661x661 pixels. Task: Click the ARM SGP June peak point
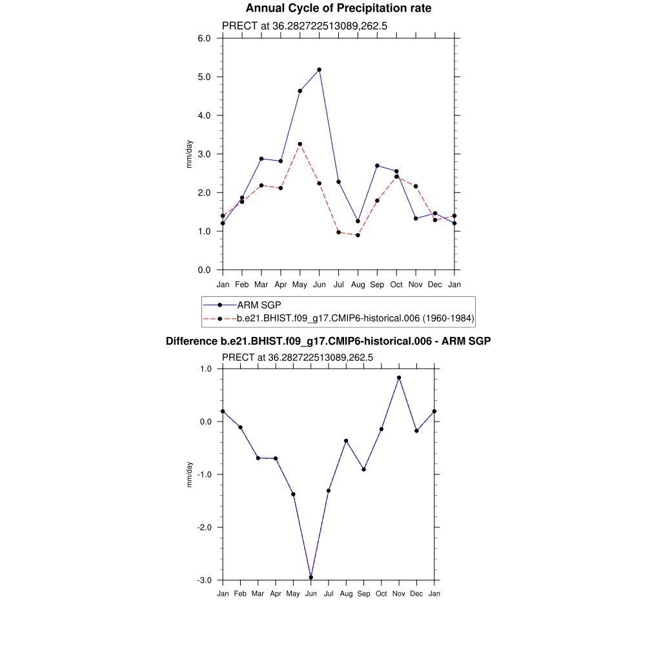click(319, 70)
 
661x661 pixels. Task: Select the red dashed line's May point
click(300, 144)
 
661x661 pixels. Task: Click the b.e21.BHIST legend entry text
click(356, 318)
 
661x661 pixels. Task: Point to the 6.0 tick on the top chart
click(204, 38)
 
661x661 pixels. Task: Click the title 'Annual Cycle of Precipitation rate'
click(339, 8)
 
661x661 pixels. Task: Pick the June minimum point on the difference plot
click(311, 577)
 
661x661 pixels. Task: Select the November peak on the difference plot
click(399, 378)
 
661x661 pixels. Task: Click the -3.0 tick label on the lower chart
click(206, 580)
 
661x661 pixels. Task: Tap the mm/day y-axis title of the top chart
click(189, 154)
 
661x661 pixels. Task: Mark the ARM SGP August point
click(358, 221)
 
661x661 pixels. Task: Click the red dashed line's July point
click(338, 232)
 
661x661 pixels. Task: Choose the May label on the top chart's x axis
click(300, 284)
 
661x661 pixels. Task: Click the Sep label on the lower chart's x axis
click(363, 594)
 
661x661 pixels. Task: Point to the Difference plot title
click(329, 341)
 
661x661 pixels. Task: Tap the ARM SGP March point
click(261, 159)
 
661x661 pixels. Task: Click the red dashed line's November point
click(416, 187)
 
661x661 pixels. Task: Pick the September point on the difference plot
click(364, 469)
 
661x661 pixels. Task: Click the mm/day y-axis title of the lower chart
click(189, 474)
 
